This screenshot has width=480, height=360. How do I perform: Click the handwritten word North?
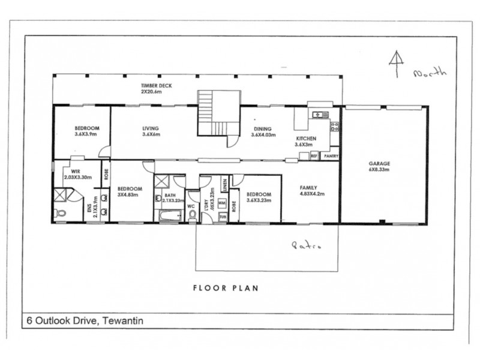coord(430,73)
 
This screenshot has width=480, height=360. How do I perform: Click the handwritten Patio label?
coord(304,245)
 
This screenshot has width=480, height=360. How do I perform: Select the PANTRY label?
coord(330,156)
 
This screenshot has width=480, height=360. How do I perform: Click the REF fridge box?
coord(314,156)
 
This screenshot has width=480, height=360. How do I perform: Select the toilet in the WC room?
coord(192,214)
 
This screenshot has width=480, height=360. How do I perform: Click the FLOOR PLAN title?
coord(226,288)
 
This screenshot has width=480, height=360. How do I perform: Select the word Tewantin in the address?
coord(123,321)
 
